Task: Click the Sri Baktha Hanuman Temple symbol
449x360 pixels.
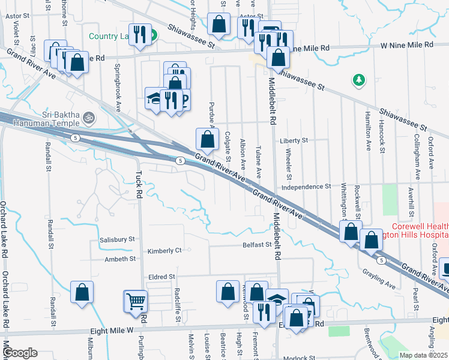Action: pos(89,116)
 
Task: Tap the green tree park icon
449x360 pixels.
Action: pos(359,79)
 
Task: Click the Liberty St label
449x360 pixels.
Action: pos(294,140)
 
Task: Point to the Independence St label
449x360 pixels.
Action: pos(306,187)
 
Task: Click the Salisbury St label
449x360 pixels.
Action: pos(117,239)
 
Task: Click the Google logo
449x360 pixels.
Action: pos(20,353)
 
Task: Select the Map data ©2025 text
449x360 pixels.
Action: pos(423,355)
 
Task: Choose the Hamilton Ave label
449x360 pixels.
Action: pos(367,134)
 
